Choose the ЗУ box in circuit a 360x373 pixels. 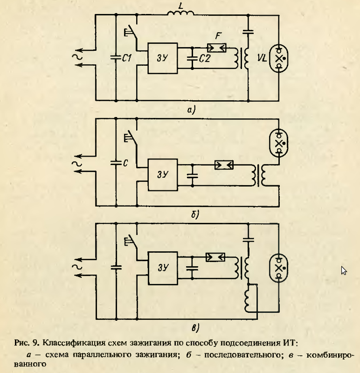[162, 58]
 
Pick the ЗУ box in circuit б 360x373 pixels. [162, 175]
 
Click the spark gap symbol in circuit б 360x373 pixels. [224, 165]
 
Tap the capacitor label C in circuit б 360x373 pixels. [125, 164]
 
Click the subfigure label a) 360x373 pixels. [190, 110]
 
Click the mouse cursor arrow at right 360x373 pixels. [344, 270]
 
